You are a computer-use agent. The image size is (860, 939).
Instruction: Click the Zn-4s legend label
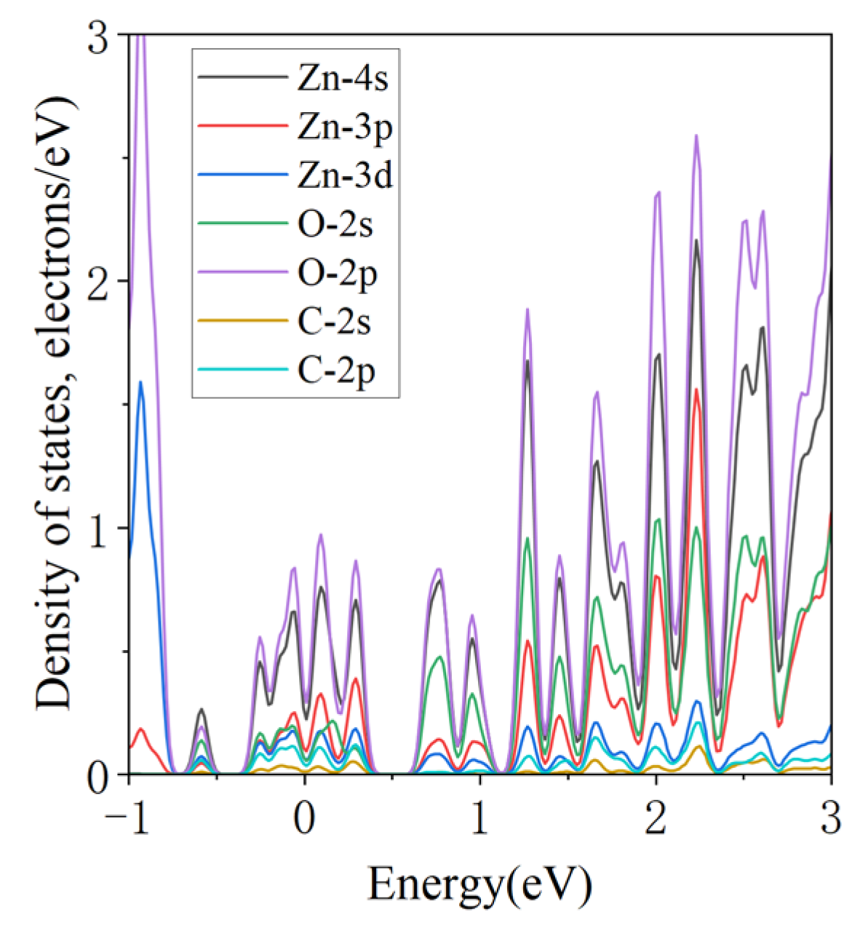tap(343, 79)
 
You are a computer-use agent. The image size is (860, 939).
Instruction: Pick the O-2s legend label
tap(335, 225)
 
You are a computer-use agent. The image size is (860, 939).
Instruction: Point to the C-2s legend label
tap(335, 322)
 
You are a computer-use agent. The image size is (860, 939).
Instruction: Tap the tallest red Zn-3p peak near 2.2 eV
tap(696, 390)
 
